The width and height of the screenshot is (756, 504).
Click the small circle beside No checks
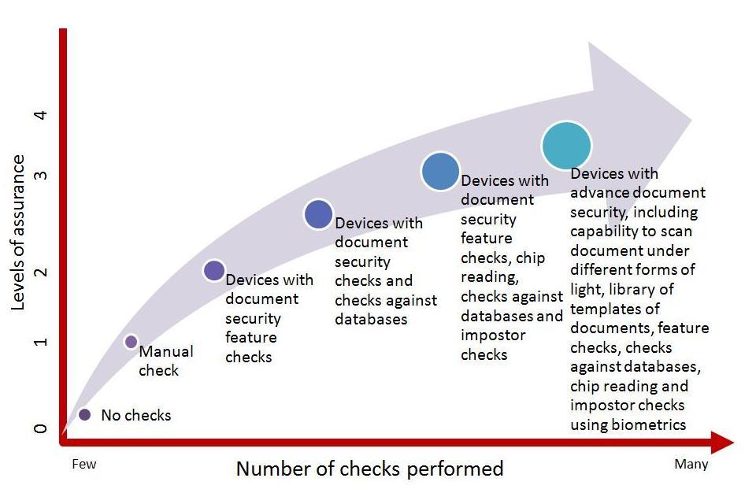pos(84,414)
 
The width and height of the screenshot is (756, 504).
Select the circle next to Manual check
pos(131,342)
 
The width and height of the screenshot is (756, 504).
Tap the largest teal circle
pos(566,146)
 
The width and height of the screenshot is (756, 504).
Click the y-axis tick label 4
pos(41,116)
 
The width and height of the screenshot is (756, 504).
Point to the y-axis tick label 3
pos(41,174)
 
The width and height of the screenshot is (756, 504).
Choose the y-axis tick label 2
pos(41,272)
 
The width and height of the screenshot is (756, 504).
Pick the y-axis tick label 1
pos(41,342)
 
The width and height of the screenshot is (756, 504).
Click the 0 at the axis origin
pos(41,430)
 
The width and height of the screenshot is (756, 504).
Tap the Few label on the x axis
pos(84,464)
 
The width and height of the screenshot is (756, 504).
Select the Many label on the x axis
pos(691,464)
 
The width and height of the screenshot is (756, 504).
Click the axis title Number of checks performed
pos(369,469)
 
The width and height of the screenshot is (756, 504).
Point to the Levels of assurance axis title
pos(18,232)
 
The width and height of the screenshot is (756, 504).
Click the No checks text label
pos(135,415)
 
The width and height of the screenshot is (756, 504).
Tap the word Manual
pos(166,351)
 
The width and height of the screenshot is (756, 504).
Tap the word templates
pos(604,309)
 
